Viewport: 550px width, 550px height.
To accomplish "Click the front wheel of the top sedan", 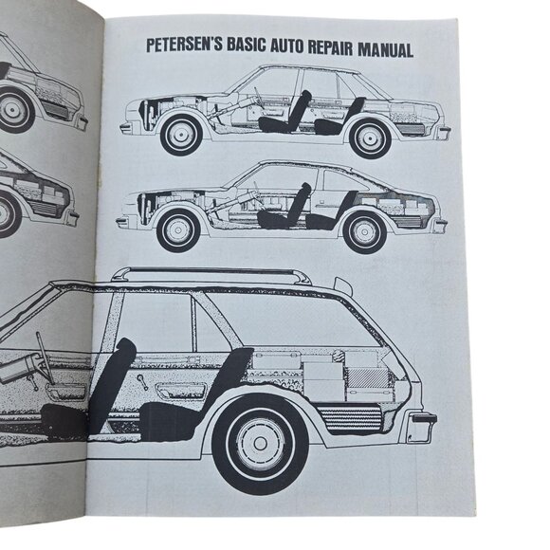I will (181, 134).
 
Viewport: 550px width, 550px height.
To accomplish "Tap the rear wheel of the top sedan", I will (369, 137).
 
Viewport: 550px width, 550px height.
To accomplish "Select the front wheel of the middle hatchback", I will (177, 229).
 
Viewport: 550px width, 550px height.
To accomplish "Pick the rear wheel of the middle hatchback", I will (363, 230).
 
